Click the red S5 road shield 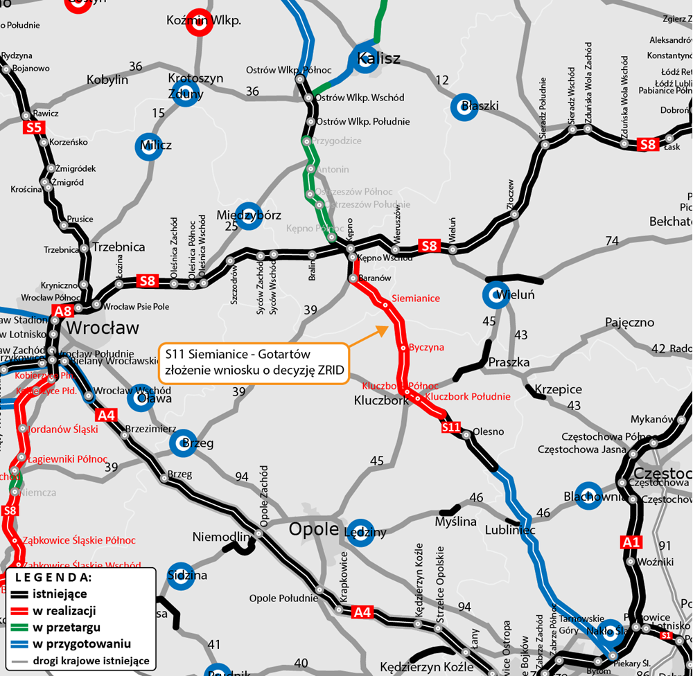[34, 127]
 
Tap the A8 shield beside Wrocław [63, 311]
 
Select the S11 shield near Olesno [451, 427]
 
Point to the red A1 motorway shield [632, 542]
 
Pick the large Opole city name [312, 530]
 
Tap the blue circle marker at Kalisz [364, 57]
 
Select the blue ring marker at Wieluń [495, 295]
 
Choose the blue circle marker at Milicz [149, 146]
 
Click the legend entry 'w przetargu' [66, 628]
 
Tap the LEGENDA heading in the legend [53, 577]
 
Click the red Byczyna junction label [426, 347]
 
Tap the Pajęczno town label [629, 322]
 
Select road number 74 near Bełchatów [611, 240]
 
